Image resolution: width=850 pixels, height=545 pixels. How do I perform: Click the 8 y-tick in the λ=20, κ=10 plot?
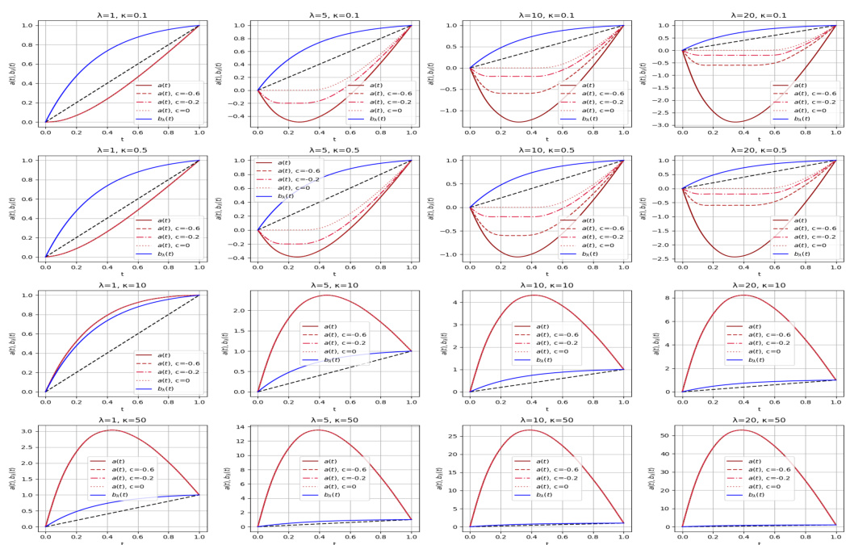672,298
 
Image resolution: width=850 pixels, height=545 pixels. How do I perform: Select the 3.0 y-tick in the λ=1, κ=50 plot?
30,431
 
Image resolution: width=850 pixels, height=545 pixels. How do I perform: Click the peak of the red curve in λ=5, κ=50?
318,430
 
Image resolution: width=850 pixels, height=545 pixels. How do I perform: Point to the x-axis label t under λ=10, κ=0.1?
546,138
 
